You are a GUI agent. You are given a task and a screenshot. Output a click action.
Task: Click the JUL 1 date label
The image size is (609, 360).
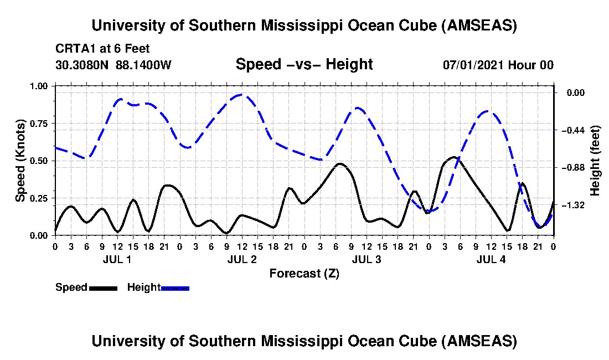pyautogui.click(x=117, y=259)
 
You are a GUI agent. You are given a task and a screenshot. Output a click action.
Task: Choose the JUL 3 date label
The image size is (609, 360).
pyautogui.click(x=367, y=259)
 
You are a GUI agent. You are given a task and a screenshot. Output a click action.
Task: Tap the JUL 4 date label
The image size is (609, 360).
pyautogui.click(x=491, y=259)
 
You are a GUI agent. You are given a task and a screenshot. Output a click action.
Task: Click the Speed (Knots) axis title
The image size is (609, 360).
pyautogui.click(x=20, y=160)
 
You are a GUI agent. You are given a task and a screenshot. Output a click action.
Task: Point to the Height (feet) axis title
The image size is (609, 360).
pyautogui.click(x=595, y=161)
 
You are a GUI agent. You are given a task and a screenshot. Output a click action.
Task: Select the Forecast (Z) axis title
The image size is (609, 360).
pyautogui.click(x=304, y=274)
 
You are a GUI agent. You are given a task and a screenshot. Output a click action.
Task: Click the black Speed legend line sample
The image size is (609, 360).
pyautogui.click(x=102, y=288)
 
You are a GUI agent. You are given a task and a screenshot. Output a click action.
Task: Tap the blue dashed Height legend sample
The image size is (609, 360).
pyautogui.click(x=175, y=288)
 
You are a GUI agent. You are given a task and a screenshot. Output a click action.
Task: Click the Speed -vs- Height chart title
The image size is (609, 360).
pyautogui.click(x=304, y=64)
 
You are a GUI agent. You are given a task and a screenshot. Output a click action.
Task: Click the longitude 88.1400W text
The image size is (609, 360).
pyautogui.click(x=143, y=65)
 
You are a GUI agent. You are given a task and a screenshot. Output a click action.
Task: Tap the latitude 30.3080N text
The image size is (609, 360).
pyautogui.click(x=83, y=65)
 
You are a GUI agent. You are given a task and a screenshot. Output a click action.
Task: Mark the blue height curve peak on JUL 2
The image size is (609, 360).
pyautogui.click(x=241, y=95)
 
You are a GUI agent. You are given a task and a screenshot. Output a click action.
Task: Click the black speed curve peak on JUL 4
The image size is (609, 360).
pyautogui.click(x=453, y=157)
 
